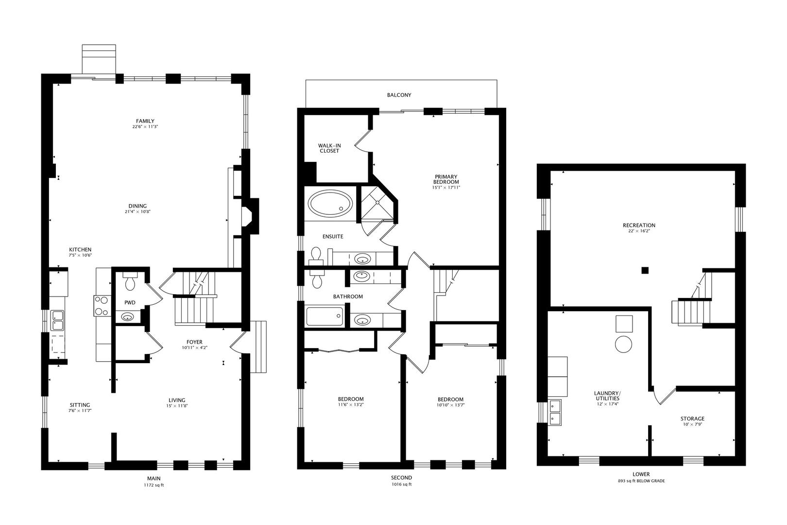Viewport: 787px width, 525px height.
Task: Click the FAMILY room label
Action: coord(145,121)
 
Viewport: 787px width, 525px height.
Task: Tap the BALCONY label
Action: coord(399,95)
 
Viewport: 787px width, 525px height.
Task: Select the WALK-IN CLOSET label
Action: coord(329,148)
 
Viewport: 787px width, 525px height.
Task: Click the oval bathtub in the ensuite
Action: coord(330,204)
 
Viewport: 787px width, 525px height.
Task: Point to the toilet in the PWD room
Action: coord(130,281)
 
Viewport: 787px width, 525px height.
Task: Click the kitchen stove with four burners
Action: coord(102,306)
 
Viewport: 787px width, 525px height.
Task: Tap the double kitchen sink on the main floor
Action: coord(57,320)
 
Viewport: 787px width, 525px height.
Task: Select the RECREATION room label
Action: coord(639,226)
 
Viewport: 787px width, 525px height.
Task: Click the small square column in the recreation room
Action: coord(645,270)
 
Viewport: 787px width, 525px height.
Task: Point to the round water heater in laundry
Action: coord(624,344)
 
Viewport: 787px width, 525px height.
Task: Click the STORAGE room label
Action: coord(692,419)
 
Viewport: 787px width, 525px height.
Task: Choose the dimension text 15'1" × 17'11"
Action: coord(446,188)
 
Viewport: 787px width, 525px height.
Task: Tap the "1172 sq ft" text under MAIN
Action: coord(154,485)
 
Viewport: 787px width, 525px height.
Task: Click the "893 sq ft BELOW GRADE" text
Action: coord(641,481)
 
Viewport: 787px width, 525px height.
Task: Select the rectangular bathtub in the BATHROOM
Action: coord(325,316)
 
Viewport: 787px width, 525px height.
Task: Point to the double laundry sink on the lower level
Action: coord(555,412)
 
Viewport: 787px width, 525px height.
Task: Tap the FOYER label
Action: coord(194,342)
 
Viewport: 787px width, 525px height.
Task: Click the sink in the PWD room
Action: coord(128,317)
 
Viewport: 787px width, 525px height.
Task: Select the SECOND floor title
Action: coord(402,477)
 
